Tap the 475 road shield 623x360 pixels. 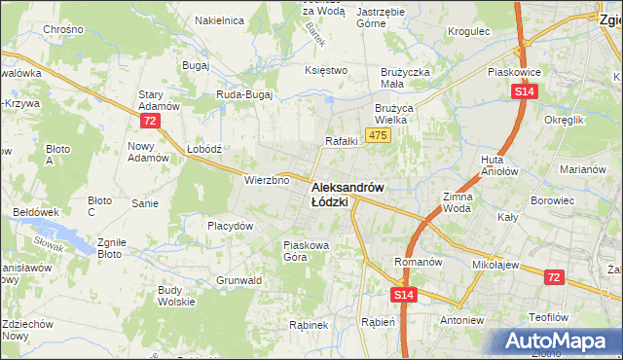[379, 134]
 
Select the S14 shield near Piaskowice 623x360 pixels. [524, 91]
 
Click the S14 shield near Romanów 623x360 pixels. [404, 293]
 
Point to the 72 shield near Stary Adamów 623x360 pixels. [149, 121]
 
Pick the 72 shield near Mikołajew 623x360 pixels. [553, 278]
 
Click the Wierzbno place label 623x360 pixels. [268, 180]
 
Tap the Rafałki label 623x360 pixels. [342, 141]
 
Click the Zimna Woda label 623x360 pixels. [457, 202]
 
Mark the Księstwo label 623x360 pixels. [326, 70]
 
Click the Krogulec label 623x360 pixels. [467, 31]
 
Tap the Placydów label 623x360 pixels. [231, 226]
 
